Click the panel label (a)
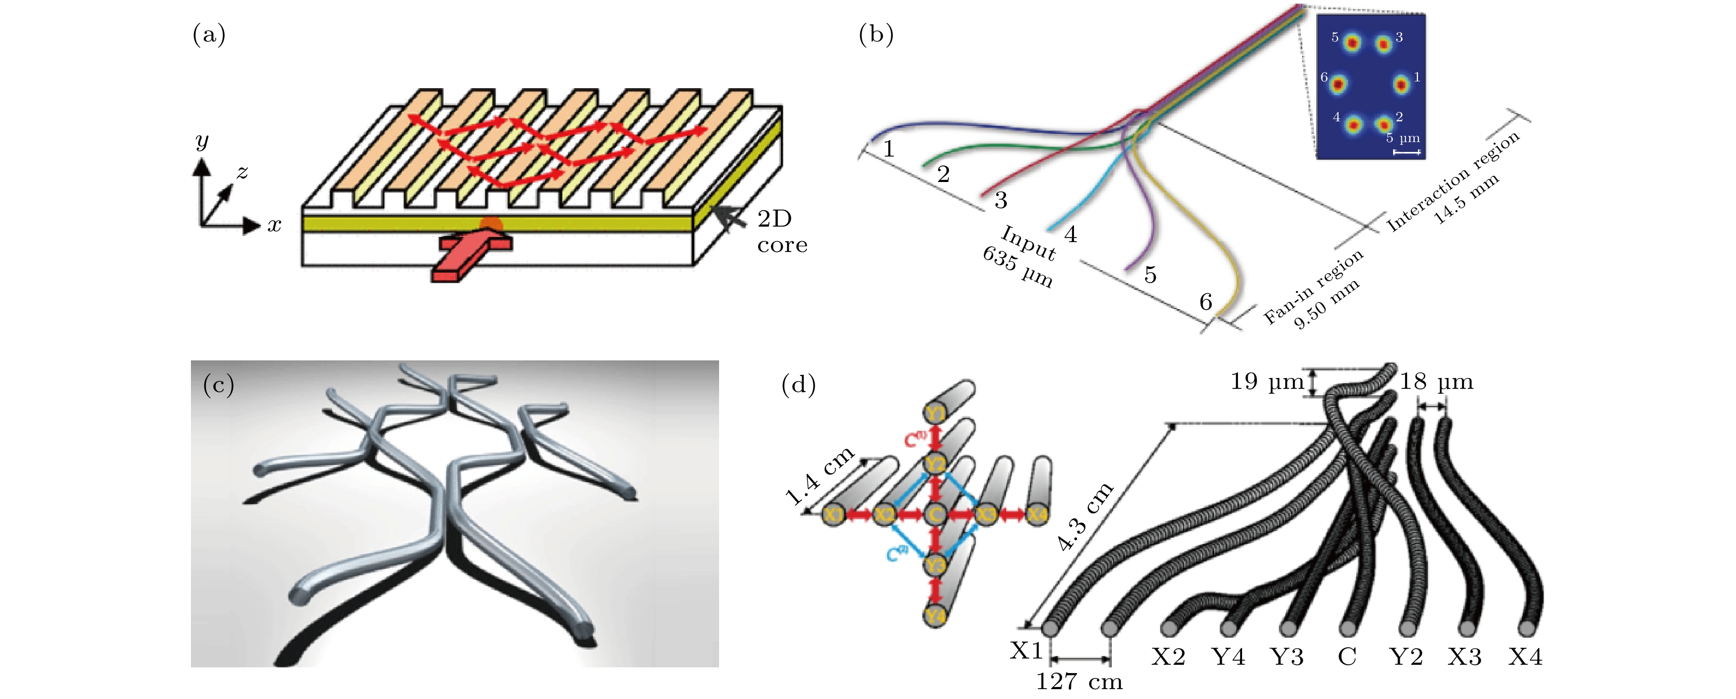click(x=209, y=34)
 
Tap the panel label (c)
click(x=219, y=385)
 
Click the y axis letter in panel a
click(x=201, y=142)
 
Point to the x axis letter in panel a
click(x=273, y=226)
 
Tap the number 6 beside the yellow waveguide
click(x=1206, y=302)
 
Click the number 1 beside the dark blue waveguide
click(x=889, y=149)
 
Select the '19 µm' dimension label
click(x=1267, y=382)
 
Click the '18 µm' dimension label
click(x=1436, y=382)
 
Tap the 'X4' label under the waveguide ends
click(x=1525, y=656)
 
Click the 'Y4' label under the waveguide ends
click(x=1228, y=656)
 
